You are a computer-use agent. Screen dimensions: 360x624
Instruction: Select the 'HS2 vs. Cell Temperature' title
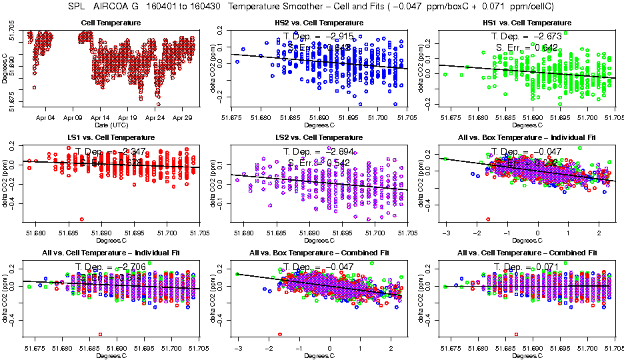coord(319,23)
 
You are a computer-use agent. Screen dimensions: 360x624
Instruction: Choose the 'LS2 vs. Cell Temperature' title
coord(319,137)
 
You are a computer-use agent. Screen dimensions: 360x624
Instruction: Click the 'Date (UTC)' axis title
coord(110,124)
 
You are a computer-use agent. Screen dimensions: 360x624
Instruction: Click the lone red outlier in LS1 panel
coord(82,219)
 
